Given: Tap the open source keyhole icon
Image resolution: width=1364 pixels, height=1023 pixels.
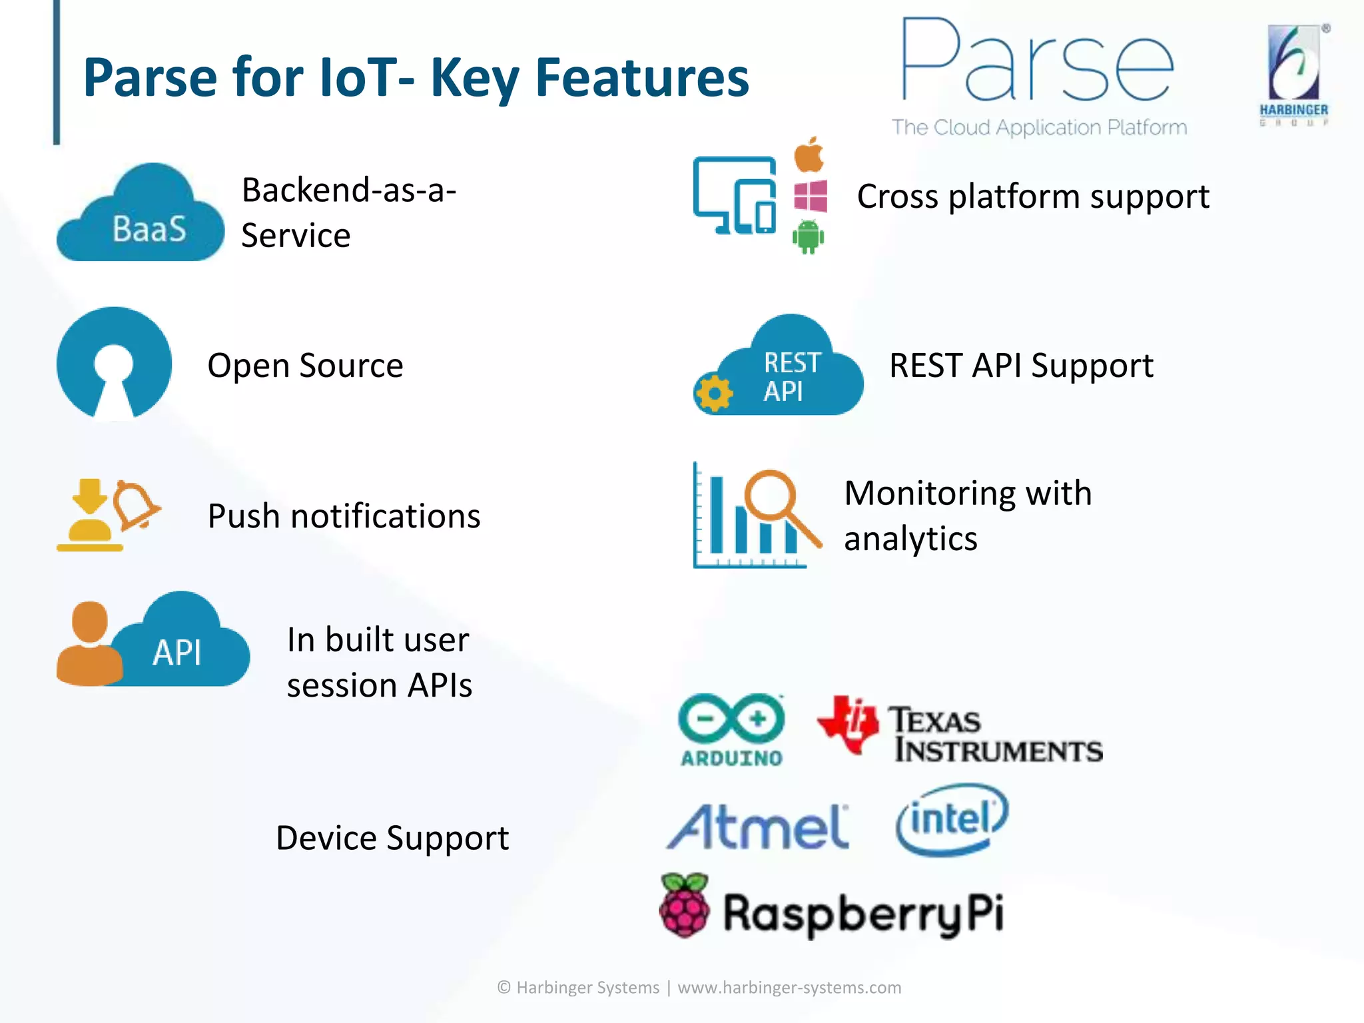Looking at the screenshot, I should tap(114, 364).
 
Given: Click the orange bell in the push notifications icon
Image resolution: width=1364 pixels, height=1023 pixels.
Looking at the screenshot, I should tap(135, 505).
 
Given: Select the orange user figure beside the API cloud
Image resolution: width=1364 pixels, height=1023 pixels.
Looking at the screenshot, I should tap(89, 645).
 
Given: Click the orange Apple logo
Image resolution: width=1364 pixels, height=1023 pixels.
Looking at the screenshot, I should tap(809, 156).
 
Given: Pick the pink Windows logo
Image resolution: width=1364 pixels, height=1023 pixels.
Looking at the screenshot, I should tap(811, 196).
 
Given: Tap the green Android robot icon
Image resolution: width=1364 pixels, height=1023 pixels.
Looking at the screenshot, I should tap(808, 236).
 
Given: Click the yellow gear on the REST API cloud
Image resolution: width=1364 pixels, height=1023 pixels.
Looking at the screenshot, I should tap(714, 394).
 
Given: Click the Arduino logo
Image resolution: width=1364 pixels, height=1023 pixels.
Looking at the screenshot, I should tap(731, 729).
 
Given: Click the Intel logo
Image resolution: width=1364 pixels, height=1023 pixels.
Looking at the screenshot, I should tap(952, 819).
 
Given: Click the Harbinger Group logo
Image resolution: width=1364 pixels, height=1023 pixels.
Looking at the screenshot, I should tap(1293, 75).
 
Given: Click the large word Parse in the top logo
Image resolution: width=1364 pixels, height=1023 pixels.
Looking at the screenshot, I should tap(1036, 63).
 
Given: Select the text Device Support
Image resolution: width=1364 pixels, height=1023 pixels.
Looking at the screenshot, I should tap(392, 838).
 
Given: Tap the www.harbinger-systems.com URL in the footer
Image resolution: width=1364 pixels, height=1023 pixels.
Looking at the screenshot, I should tap(789, 987).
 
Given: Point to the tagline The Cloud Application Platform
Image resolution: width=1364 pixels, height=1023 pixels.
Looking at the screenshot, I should tap(1039, 127).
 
